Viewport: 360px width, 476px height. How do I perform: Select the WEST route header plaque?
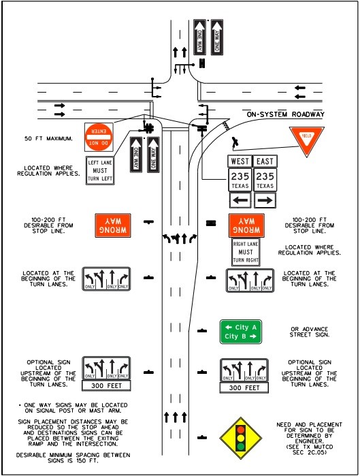[x=240, y=161]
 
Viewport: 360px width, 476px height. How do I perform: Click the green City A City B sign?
[x=240, y=331]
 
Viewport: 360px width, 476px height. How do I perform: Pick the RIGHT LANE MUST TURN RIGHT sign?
[x=246, y=251]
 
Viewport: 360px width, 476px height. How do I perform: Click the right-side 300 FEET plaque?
[x=244, y=387]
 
